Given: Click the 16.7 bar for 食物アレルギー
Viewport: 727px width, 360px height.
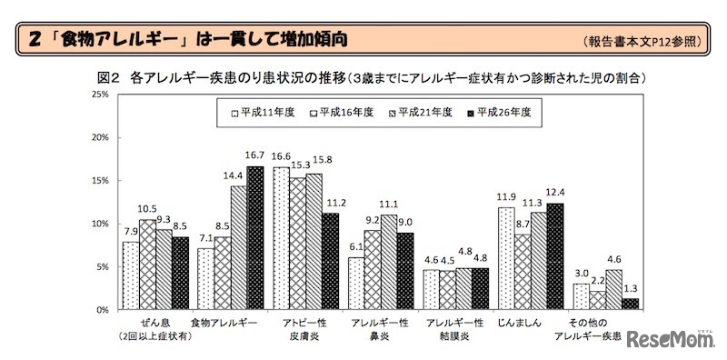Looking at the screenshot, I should pyautogui.click(x=254, y=237).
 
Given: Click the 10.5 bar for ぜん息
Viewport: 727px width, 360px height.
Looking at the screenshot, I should pyautogui.click(x=147, y=264).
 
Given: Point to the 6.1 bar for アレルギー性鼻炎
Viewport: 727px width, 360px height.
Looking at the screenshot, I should pyautogui.click(x=355, y=283).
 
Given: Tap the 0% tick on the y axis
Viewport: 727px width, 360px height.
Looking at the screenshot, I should pyautogui.click(x=101, y=310).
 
